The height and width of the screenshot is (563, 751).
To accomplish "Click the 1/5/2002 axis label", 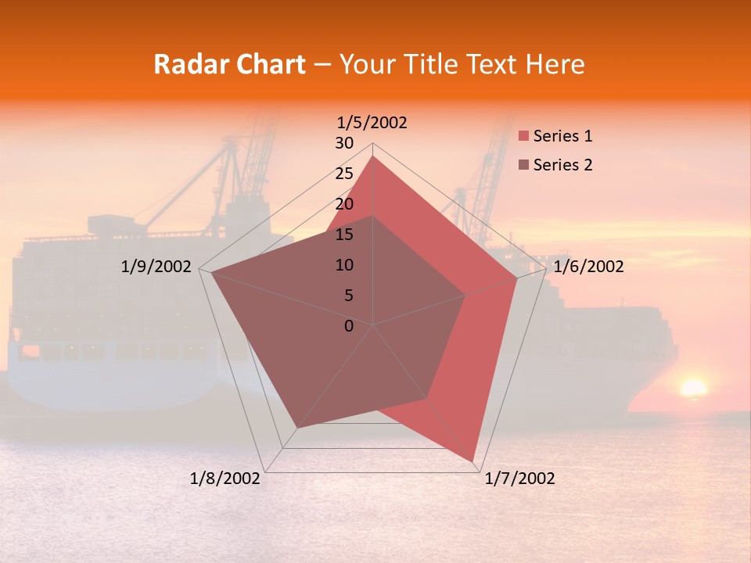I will point(372,122).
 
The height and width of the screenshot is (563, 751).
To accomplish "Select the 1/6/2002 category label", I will point(588,267).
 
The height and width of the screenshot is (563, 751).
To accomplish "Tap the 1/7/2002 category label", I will point(519,479).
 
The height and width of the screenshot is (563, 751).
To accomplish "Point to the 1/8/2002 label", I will point(225,479).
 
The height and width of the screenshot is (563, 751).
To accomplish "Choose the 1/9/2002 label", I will point(156,267).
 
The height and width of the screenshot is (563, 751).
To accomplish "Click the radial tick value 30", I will point(344,143).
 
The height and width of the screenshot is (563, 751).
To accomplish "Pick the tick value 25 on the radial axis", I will point(344,174).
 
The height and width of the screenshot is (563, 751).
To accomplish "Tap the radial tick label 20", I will point(344,204).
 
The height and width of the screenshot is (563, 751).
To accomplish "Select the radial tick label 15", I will point(344,235).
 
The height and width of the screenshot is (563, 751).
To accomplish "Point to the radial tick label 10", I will point(344,265).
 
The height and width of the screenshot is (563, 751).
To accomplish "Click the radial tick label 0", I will point(349,326).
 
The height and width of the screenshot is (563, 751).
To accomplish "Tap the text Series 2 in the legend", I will point(562,165).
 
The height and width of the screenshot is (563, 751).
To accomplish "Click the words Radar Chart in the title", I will point(229,64).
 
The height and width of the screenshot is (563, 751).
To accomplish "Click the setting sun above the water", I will point(692,388).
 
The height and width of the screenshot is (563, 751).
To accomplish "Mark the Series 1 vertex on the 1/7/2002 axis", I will point(473,461).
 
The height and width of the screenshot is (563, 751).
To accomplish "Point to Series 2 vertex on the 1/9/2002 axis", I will point(212,273).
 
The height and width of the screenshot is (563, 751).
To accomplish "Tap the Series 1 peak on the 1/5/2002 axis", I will point(372,156).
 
